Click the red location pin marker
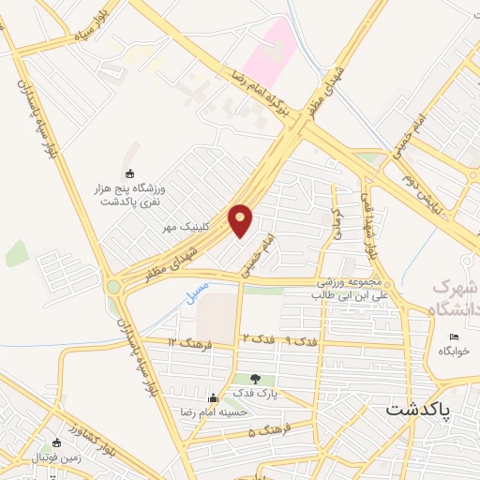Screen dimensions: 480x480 click(241, 219)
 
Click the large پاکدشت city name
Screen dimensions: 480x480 click(418, 411)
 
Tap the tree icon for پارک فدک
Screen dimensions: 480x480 click(254, 379)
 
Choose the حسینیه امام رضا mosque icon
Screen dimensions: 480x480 click(214, 397)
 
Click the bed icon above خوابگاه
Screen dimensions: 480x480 click(455, 337)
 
